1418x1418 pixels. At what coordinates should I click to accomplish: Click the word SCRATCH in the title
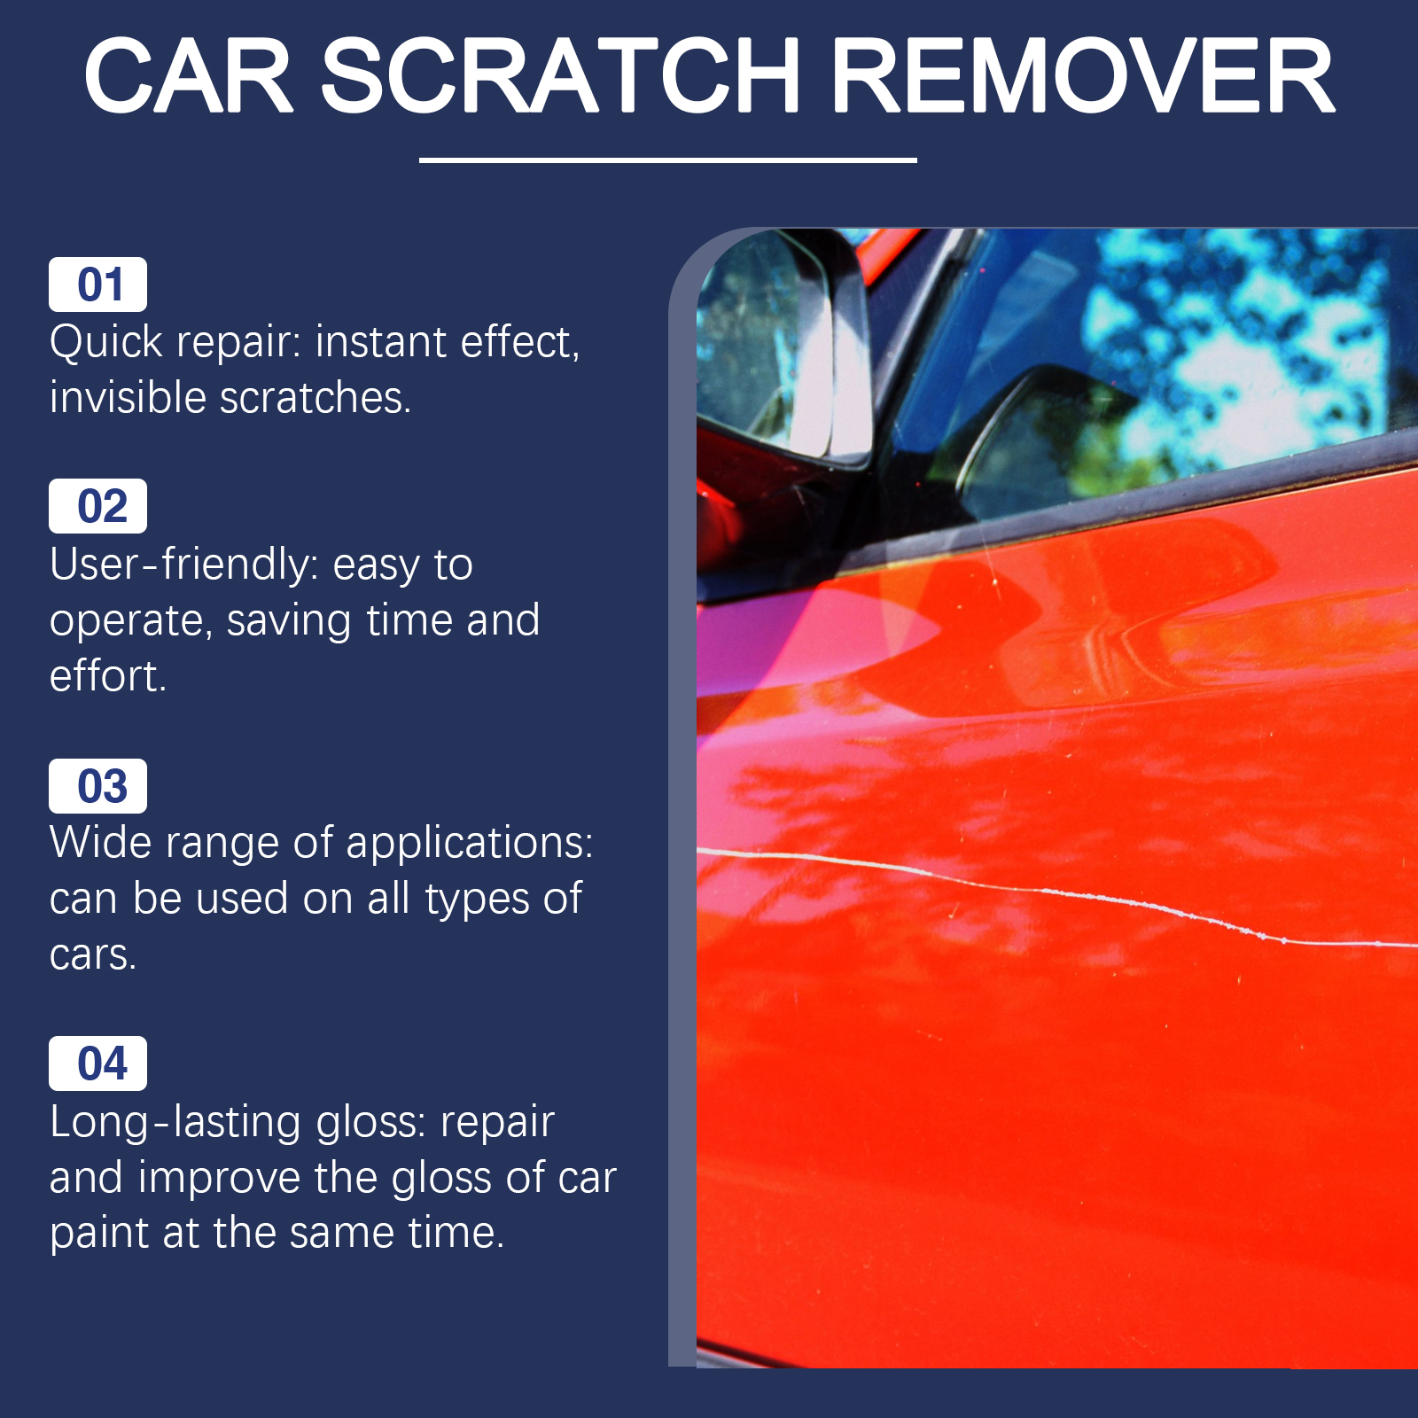click(560, 76)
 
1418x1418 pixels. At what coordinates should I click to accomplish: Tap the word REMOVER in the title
click(1082, 76)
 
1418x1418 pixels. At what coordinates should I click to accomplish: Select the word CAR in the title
click(188, 76)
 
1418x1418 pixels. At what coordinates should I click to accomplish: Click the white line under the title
click(667, 160)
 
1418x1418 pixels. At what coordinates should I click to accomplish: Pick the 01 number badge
click(97, 284)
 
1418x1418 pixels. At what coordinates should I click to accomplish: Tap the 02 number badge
click(97, 506)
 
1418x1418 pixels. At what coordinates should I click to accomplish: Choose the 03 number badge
click(97, 786)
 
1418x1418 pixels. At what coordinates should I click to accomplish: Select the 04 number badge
click(97, 1063)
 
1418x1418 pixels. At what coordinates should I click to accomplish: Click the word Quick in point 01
click(106, 343)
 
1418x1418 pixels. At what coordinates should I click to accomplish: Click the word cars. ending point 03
click(92, 955)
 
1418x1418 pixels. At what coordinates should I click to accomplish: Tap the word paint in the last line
click(99, 1235)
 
